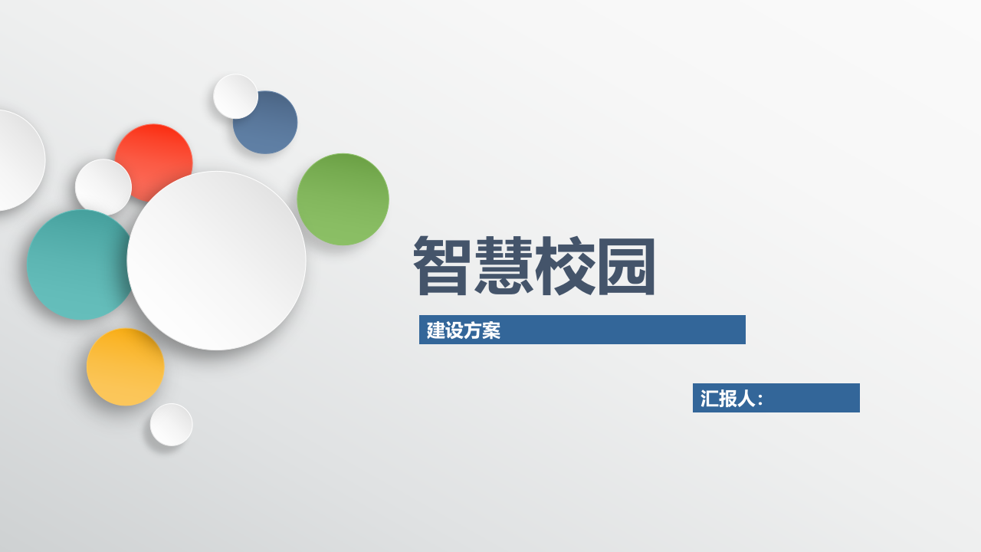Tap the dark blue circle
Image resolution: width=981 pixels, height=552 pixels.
coord(273,127)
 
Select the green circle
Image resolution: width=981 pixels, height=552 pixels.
coord(343,199)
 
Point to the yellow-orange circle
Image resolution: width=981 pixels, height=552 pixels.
coord(125,367)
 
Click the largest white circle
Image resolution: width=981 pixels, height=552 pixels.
coord(216,261)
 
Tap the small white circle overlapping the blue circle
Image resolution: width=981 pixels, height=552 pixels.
coord(235,97)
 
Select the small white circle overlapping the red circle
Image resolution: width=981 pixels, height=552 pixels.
coord(103,187)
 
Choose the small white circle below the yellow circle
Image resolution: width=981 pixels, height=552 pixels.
coord(171,425)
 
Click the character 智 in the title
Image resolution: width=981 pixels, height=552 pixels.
coord(444,265)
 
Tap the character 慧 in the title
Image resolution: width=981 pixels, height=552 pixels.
coord(504,265)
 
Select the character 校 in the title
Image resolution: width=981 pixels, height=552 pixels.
coord(566,265)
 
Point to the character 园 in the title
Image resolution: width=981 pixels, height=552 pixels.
coord(627,265)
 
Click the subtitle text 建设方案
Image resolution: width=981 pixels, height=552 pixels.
coord(464,330)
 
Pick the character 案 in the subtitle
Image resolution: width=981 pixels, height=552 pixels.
coord(491,330)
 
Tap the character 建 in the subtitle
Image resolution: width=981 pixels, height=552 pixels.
coord(436,330)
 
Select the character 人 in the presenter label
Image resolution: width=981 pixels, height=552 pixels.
coord(746,399)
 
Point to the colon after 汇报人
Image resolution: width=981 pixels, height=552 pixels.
coord(760,400)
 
